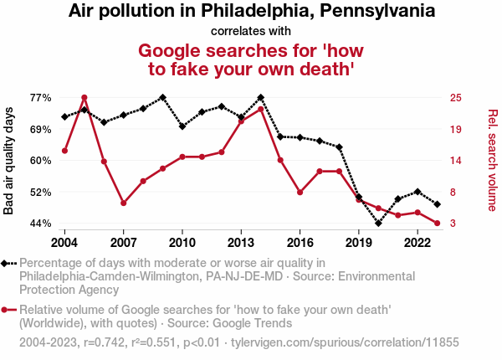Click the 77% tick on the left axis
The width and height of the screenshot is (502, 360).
coord(41,97)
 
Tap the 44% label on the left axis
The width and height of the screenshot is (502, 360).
coord(41,224)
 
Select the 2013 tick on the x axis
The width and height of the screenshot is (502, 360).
coord(241,243)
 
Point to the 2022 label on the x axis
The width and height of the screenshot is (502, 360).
coord(417,243)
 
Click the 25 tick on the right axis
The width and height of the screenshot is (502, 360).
coord(455,97)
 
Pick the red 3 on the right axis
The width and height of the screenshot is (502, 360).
coord(452,224)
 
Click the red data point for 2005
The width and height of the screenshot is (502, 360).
coord(85,98)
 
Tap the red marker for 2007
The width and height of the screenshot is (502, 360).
coord(124,203)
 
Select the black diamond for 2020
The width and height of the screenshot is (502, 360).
coord(378,224)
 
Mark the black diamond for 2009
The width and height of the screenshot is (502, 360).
coord(162,98)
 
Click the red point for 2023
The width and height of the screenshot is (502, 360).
coord(438,224)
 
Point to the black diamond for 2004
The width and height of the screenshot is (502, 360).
coord(64,117)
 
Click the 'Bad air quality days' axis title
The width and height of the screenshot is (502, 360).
coord(9,160)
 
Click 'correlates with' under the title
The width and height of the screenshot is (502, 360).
coord(251,31)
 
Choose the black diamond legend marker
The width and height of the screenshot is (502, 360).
coord(8,263)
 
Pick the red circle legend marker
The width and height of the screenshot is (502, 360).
coord(8,309)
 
